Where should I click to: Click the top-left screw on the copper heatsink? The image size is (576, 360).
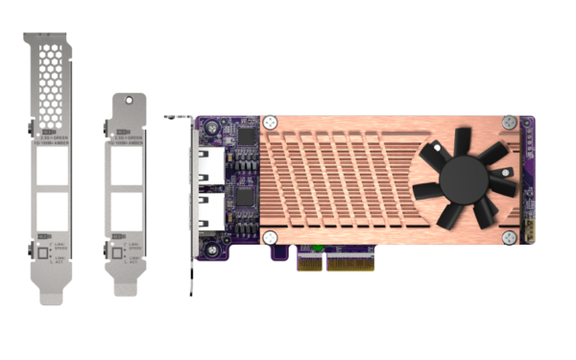click(x=271, y=124)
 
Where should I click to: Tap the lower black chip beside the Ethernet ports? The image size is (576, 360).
click(x=246, y=197)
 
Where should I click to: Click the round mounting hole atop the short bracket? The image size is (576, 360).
click(x=125, y=99)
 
